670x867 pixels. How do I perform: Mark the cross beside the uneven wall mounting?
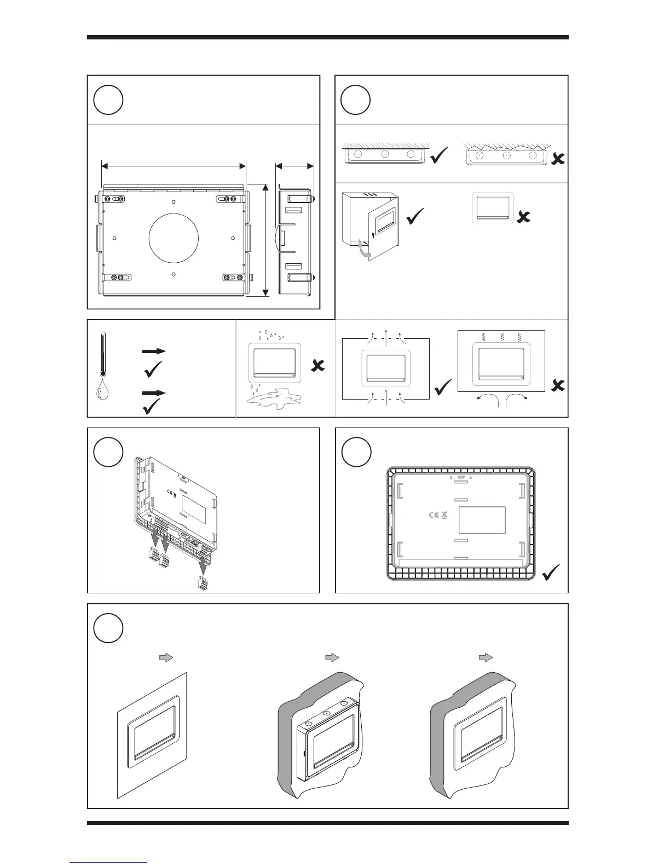pyautogui.click(x=558, y=159)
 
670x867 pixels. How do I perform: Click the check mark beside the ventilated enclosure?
pyautogui.click(x=443, y=389)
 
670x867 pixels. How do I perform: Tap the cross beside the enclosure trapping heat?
pyautogui.click(x=557, y=386)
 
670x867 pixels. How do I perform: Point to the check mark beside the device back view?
pyautogui.click(x=551, y=575)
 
